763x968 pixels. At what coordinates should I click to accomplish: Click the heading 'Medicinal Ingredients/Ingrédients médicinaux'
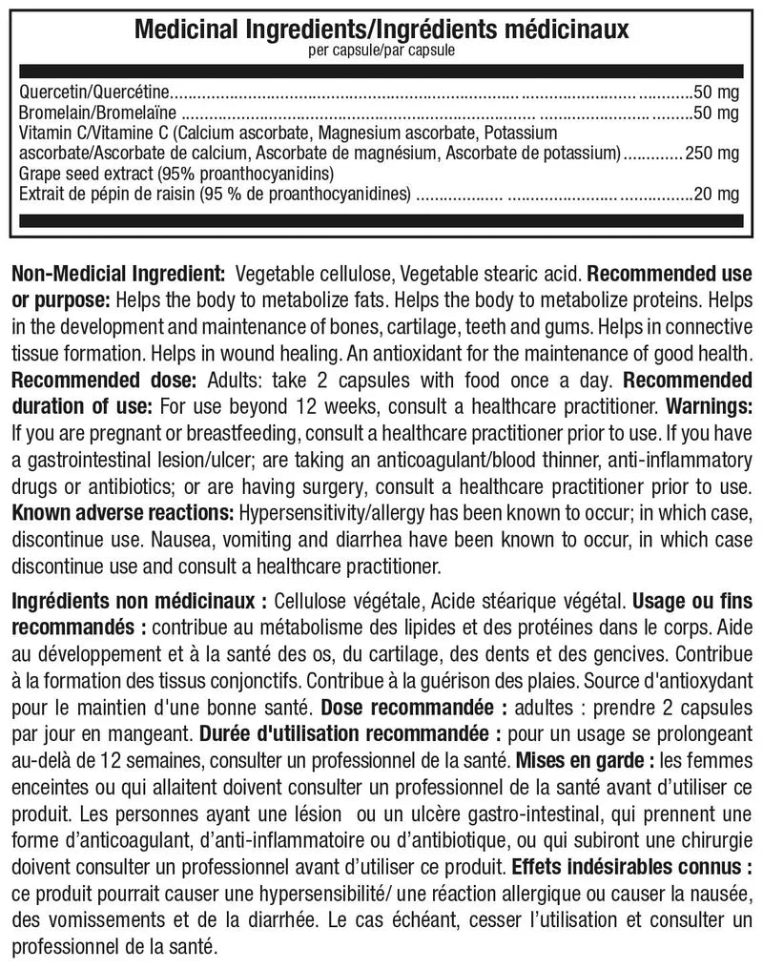click(381, 30)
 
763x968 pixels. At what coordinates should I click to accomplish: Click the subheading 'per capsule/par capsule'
click(381, 50)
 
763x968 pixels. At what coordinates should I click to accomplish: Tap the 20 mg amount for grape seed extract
click(717, 195)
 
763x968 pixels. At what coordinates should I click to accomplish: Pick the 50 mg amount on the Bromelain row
click(717, 113)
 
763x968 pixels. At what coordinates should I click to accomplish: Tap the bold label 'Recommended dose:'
click(103, 380)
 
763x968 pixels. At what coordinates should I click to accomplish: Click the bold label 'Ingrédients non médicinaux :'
click(139, 603)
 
